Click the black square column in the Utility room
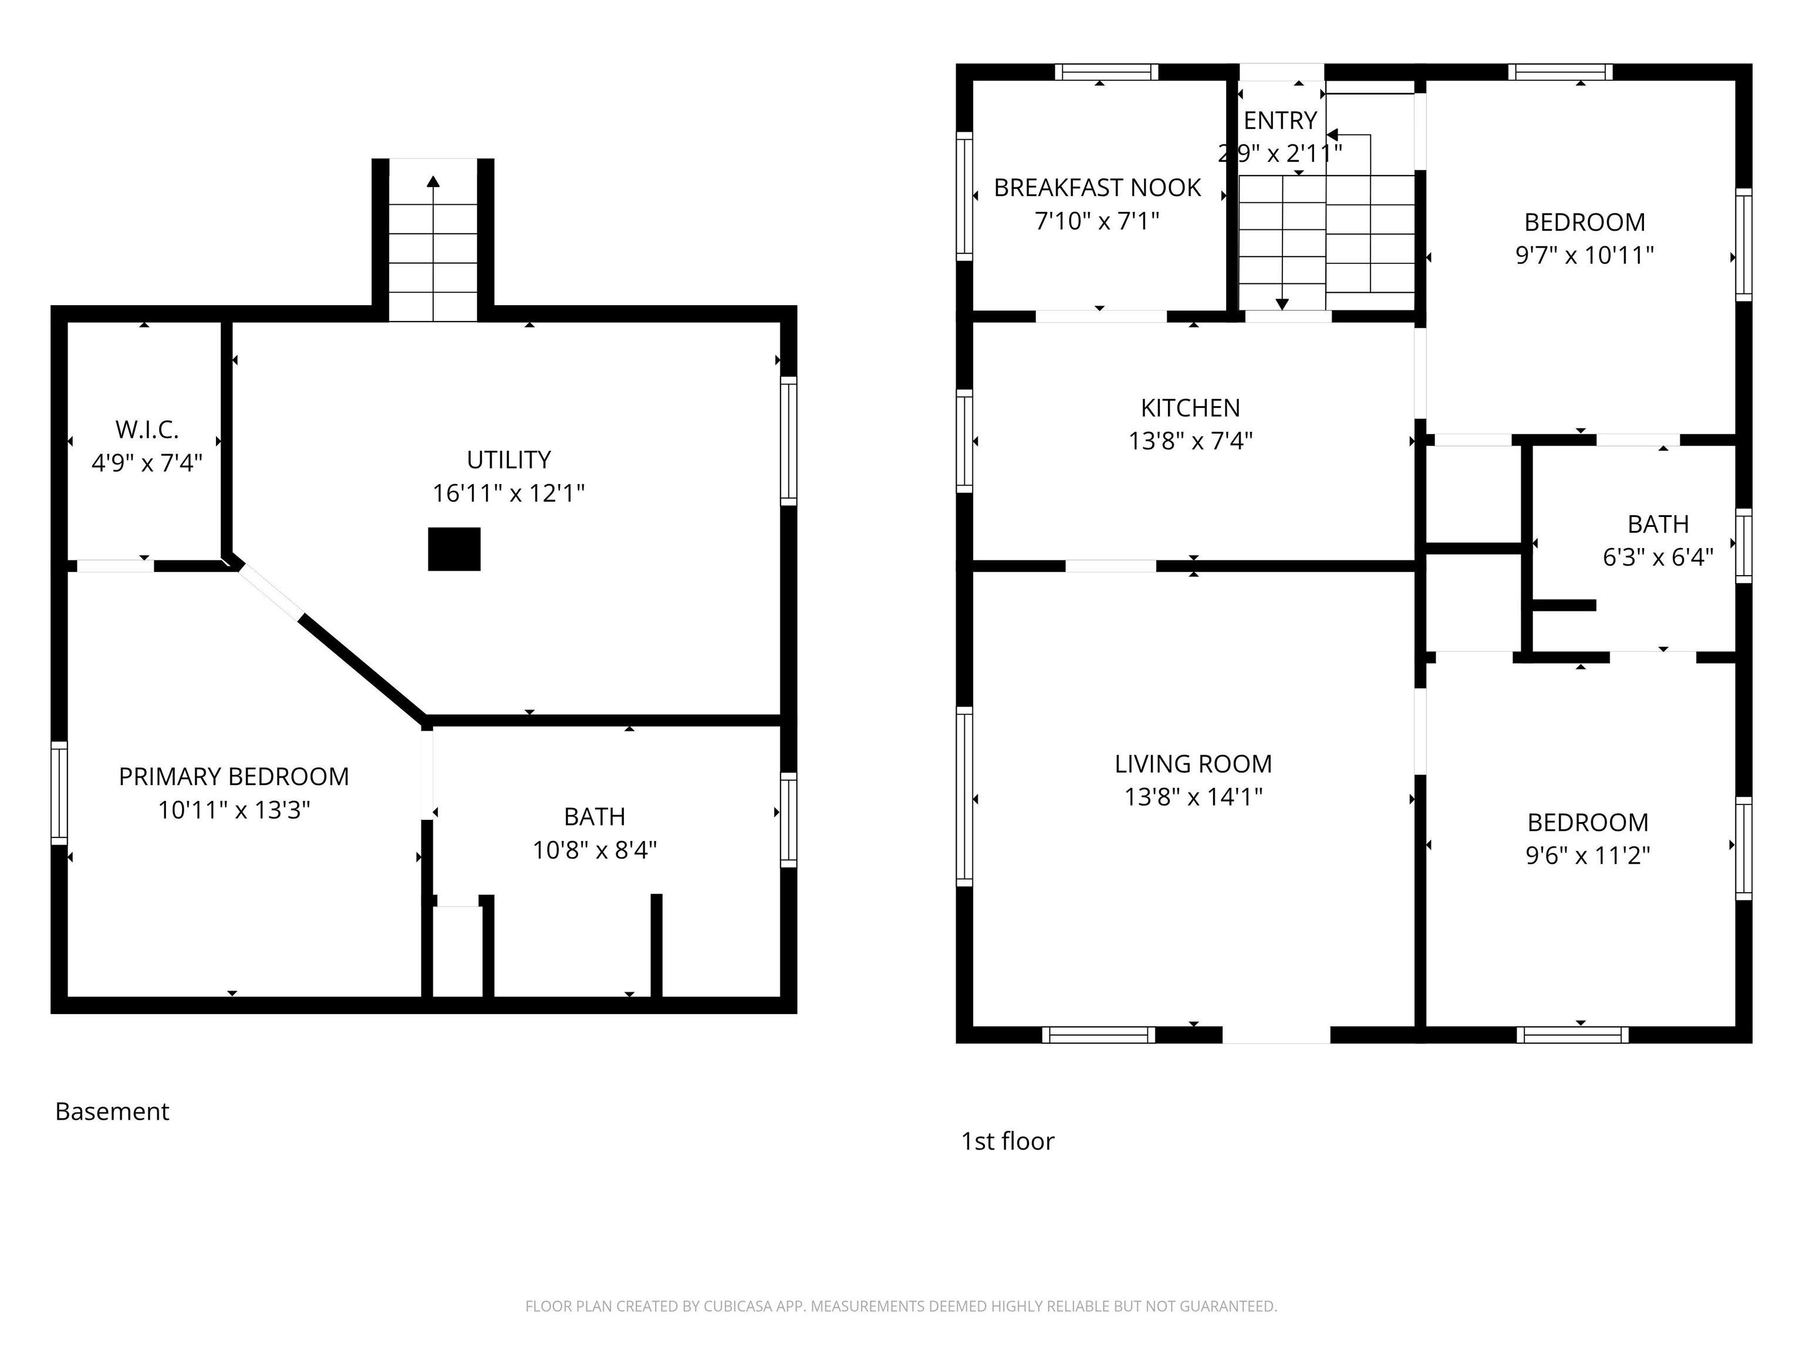(454, 549)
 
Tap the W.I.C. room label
(147, 430)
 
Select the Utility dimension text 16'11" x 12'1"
(509, 493)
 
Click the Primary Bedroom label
(234, 777)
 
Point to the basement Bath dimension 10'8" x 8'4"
(595, 850)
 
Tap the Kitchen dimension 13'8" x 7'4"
(1190, 441)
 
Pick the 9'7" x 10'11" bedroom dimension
(1585, 255)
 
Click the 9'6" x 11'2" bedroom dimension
(1588, 856)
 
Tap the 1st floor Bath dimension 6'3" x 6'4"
(1658, 557)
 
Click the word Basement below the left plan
(113, 1111)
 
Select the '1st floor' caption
(1008, 1141)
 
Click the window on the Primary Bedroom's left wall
(59, 792)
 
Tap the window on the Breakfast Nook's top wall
(1106, 72)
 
